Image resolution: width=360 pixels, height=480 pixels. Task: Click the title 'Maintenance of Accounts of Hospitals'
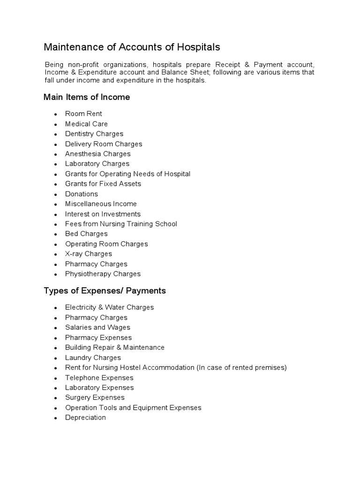[x=132, y=47]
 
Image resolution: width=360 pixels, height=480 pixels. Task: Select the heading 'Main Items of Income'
[x=87, y=97]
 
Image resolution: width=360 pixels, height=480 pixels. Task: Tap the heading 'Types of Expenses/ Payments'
[x=105, y=291]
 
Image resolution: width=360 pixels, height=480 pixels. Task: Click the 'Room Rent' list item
[x=83, y=114]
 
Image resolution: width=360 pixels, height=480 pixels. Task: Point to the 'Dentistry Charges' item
[x=94, y=134]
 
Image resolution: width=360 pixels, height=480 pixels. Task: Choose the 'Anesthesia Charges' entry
[x=97, y=154]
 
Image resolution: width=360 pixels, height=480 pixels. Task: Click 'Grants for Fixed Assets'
[x=103, y=184]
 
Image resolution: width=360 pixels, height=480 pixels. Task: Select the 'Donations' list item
[x=82, y=194]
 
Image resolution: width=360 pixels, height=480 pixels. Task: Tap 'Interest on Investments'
[x=103, y=214]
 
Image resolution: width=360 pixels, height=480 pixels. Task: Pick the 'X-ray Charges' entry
[x=89, y=254]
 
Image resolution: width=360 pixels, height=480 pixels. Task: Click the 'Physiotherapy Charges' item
[x=103, y=274]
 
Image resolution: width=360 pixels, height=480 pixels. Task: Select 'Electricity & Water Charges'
[x=109, y=307]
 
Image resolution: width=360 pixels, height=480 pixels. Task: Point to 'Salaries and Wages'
[x=97, y=328]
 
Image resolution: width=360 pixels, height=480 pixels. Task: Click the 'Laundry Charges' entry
[x=93, y=358]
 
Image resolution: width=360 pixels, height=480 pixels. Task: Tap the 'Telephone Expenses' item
[x=99, y=378]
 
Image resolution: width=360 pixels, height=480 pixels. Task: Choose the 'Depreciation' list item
[x=85, y=418]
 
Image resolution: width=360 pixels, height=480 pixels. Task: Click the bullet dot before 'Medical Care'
[x=55, y=125]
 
